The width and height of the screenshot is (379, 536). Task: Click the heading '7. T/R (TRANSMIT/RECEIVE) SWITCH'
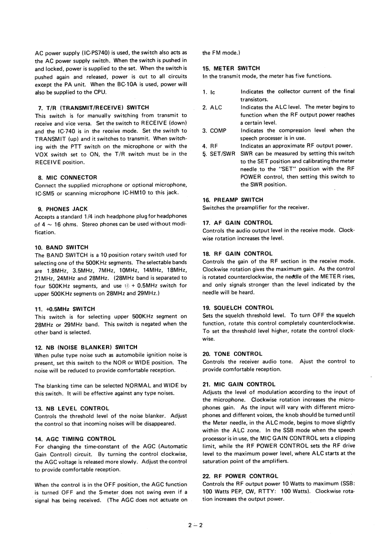(93, 107)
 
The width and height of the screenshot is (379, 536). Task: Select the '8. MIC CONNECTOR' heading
(67, 177)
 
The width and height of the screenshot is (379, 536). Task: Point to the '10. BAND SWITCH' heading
(62, 247)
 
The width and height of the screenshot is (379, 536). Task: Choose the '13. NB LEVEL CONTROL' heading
(72, 408)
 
